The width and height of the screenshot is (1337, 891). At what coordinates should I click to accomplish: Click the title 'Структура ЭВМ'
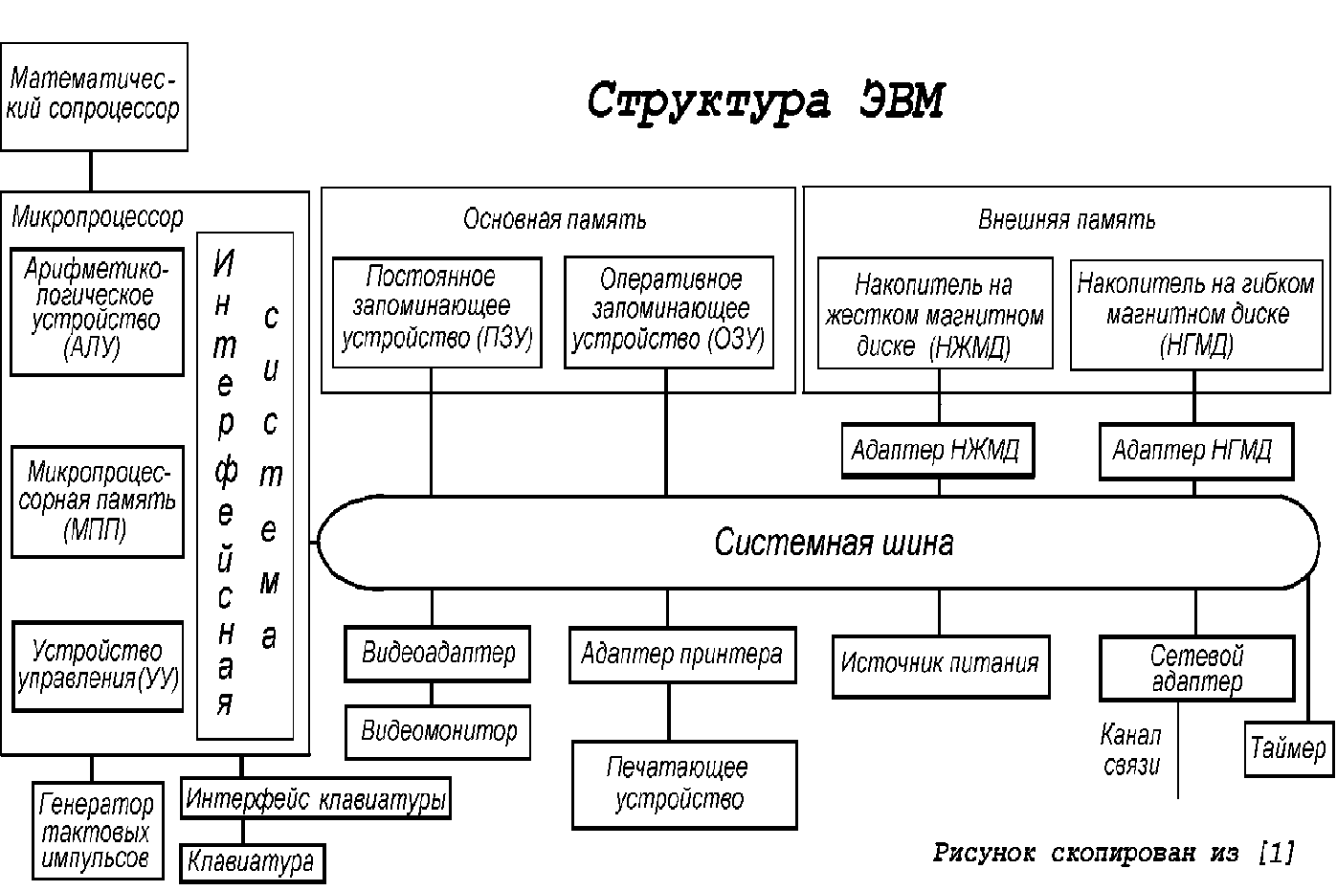[x=766, y=101]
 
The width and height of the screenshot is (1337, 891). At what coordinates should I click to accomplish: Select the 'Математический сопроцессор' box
[x=94, y=97]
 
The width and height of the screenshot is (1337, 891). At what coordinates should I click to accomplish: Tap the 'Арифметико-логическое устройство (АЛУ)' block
[x=98, y=312]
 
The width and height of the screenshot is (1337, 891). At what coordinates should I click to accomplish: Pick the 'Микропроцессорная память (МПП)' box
[x=98, y=501]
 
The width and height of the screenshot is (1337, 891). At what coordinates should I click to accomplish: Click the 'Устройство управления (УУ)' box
[x=98, y=667]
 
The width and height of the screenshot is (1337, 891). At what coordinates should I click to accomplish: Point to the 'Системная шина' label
[x=834, y=543]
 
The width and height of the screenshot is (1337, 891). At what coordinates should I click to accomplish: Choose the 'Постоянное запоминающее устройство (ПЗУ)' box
[x=437, y=313]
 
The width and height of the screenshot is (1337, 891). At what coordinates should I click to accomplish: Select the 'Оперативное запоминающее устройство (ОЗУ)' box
[x=669, y=313]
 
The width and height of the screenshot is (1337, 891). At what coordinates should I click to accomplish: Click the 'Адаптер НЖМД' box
[x=938, y=451]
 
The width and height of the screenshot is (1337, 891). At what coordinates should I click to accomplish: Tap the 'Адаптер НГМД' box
[x=1196, y=451]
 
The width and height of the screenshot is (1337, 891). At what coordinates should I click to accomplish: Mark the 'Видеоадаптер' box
[x=437, y=654]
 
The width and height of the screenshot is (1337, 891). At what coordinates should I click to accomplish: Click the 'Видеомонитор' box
[x=437, y=732]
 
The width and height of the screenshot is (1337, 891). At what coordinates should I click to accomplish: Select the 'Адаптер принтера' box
[x=682, y=655]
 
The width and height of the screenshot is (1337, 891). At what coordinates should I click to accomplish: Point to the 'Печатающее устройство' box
[x=684, y=785]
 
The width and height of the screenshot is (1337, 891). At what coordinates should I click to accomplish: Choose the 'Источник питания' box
[x=941, y=666]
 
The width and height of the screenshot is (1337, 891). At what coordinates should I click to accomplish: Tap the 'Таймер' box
[x=1289, y=749]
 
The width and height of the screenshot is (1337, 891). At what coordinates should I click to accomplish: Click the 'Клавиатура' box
[x=253, y=863]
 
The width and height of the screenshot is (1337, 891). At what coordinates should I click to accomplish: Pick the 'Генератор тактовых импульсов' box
[x=98, y=831]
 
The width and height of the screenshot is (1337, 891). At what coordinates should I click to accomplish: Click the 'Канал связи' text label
[x=1131, y=750]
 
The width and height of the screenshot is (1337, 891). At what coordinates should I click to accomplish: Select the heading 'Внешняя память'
[x=1066, y=220]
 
